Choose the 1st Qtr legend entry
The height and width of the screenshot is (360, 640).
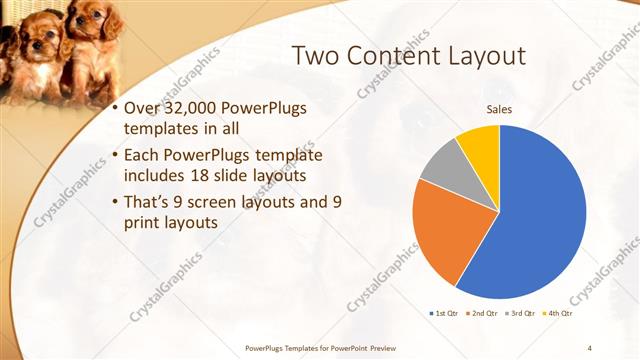[x=443, y=313]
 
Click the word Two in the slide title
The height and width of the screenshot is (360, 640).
[x=317, y=56]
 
